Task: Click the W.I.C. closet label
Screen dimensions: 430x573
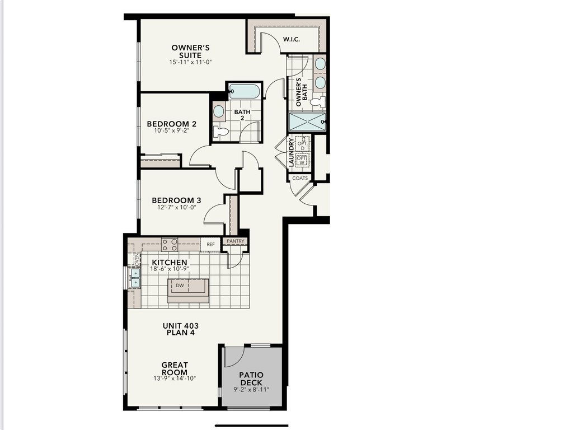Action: tap(292, 39)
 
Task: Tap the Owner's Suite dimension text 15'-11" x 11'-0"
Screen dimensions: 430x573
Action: tap(191, 62)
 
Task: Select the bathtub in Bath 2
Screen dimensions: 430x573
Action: tap(245, 91)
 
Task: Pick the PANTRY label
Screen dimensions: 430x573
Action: tap(236, 242)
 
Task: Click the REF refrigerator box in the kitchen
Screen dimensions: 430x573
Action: tap(210, 244)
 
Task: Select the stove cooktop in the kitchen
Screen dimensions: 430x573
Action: tap(170, 244)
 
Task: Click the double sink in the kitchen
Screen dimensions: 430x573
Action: tap(135, 278)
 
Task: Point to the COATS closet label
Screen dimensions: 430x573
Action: tap(300, 178)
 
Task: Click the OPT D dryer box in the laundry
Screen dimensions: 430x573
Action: tap(302, 142)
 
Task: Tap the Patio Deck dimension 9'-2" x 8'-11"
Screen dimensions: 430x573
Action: tap(251, 390)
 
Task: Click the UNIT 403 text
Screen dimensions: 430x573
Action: tap(181, 326)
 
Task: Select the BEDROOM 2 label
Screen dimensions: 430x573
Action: tap(172, 124)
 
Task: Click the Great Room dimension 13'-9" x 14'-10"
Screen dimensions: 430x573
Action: tap(175, 378)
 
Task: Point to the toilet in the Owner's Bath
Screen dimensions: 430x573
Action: tap(319, 102)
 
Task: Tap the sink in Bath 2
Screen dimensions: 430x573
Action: tap(219, 111)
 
